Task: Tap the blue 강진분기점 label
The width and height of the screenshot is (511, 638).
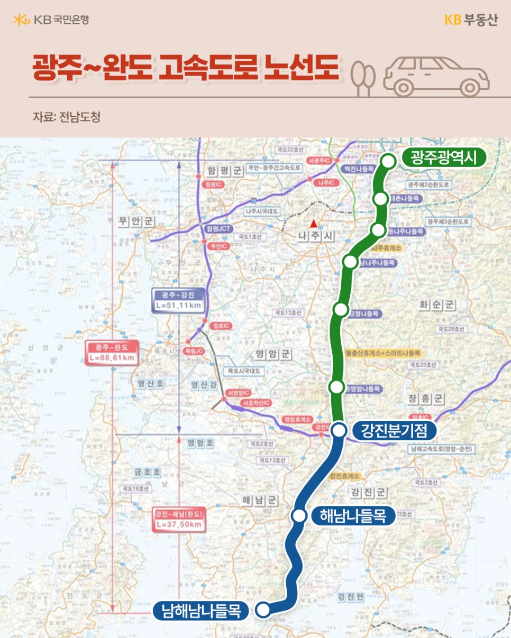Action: pos(394,431)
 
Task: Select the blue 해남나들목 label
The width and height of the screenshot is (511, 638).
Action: pos(353,516)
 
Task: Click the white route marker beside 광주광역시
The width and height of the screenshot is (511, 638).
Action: pos(389,161)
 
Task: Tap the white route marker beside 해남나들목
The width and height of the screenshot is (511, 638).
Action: pos(299,516)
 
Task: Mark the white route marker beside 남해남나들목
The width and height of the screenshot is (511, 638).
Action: pos(263,610)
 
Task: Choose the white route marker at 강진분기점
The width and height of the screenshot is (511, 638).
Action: pos(339,431)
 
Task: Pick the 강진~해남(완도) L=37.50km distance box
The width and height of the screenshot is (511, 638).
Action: pos(179,519)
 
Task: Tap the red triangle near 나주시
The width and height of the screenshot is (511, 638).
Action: pos(314,223)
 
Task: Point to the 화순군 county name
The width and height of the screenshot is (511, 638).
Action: pos(437,305)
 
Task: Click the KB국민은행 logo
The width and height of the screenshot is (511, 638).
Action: pos(51,20)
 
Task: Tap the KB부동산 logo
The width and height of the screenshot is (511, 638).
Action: pos(470,20)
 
